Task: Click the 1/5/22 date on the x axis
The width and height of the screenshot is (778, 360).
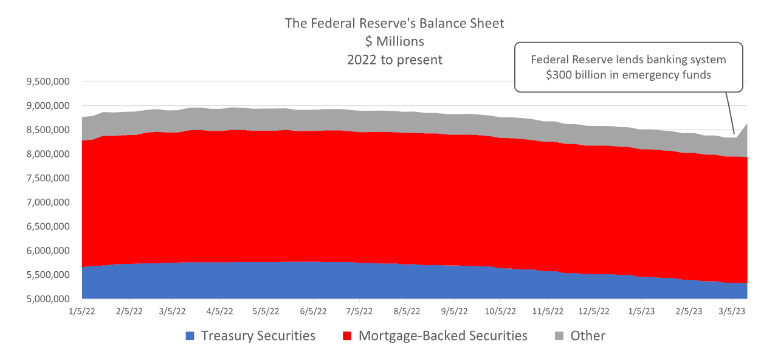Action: coord(81,310)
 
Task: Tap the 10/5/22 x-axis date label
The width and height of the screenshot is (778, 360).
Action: coord(500,310)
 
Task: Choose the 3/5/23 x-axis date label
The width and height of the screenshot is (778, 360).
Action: coord(732,310)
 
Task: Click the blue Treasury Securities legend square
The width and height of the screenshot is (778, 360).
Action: coord(190,336)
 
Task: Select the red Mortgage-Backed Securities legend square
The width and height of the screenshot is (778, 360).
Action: coord(348,336)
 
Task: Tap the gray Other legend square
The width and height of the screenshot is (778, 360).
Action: coord(559,336)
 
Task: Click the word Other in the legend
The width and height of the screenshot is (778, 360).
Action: coord(588,336)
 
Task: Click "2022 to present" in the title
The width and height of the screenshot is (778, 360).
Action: coord(394,60)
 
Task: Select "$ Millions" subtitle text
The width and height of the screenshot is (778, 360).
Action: coord(394,41)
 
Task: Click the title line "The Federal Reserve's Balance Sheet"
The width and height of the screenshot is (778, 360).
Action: coord(394,23)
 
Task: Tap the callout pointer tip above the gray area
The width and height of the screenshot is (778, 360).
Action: coord(734,133)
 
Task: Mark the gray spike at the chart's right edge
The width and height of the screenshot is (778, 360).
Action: coord(745,131)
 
